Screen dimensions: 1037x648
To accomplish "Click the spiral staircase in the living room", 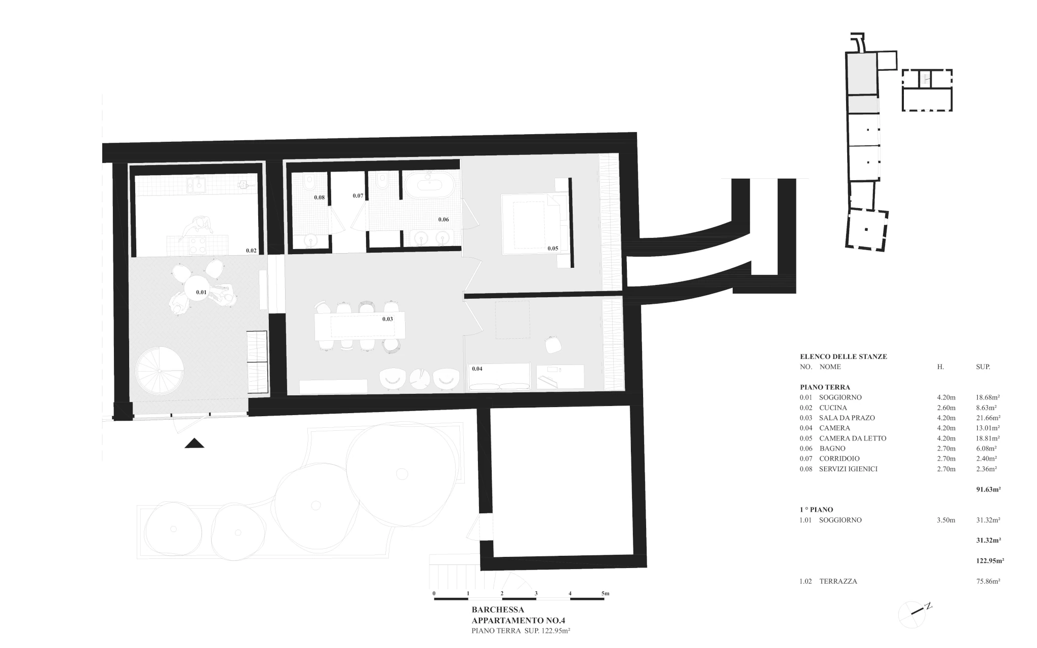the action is tap(159, 371).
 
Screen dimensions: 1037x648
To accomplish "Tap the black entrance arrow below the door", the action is tap(194, 443).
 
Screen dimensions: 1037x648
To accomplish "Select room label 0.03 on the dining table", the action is tap(387, 319).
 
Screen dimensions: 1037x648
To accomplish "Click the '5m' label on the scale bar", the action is tap(605, 593).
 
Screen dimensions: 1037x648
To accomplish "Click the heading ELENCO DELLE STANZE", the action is tap(844, 356).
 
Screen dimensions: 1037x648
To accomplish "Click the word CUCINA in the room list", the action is tap(833, 408).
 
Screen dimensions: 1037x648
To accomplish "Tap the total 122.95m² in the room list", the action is tap(990, 560).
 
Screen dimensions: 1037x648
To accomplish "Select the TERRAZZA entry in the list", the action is tap(838, 581).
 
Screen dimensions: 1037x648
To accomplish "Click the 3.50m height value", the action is tap(946, 520).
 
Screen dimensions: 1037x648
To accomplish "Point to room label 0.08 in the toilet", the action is tap(319, 197).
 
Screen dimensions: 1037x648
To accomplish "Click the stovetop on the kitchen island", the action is tap(196, 246).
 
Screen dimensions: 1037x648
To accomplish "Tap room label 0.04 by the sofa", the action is tap(477, 369).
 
